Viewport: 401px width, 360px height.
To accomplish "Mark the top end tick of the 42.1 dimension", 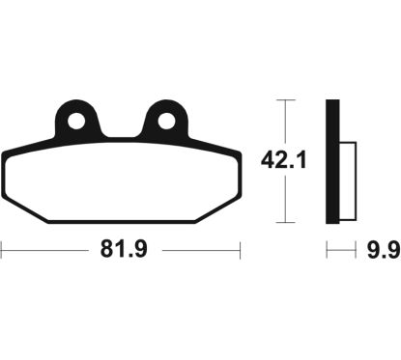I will tap(282, 99).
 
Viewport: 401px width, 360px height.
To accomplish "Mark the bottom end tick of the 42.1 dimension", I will tap(282, 221).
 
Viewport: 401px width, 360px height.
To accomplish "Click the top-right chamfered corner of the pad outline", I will tap(234, 151).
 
